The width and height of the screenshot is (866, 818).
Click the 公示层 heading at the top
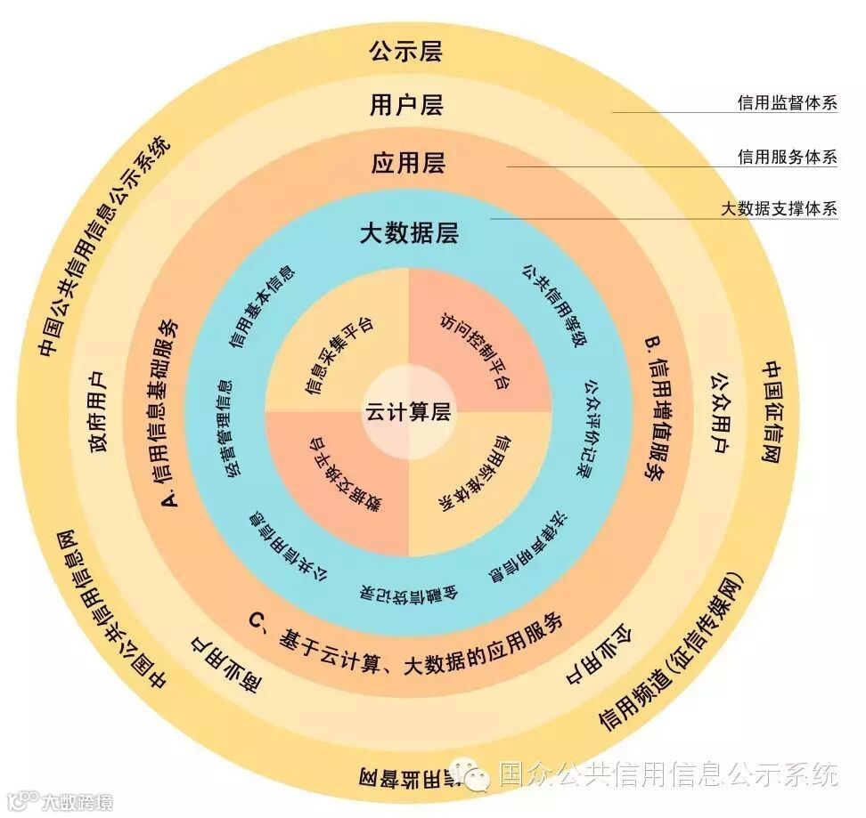tap(405, 51)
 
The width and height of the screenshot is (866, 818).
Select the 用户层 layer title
tap(405, 106)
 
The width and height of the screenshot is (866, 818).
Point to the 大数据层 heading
tap(408, 233)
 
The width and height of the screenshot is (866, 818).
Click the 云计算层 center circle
tap(407, 413)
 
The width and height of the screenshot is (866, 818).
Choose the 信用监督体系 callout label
tap(787, 102)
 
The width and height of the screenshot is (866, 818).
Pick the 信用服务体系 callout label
tap(787, 157)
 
